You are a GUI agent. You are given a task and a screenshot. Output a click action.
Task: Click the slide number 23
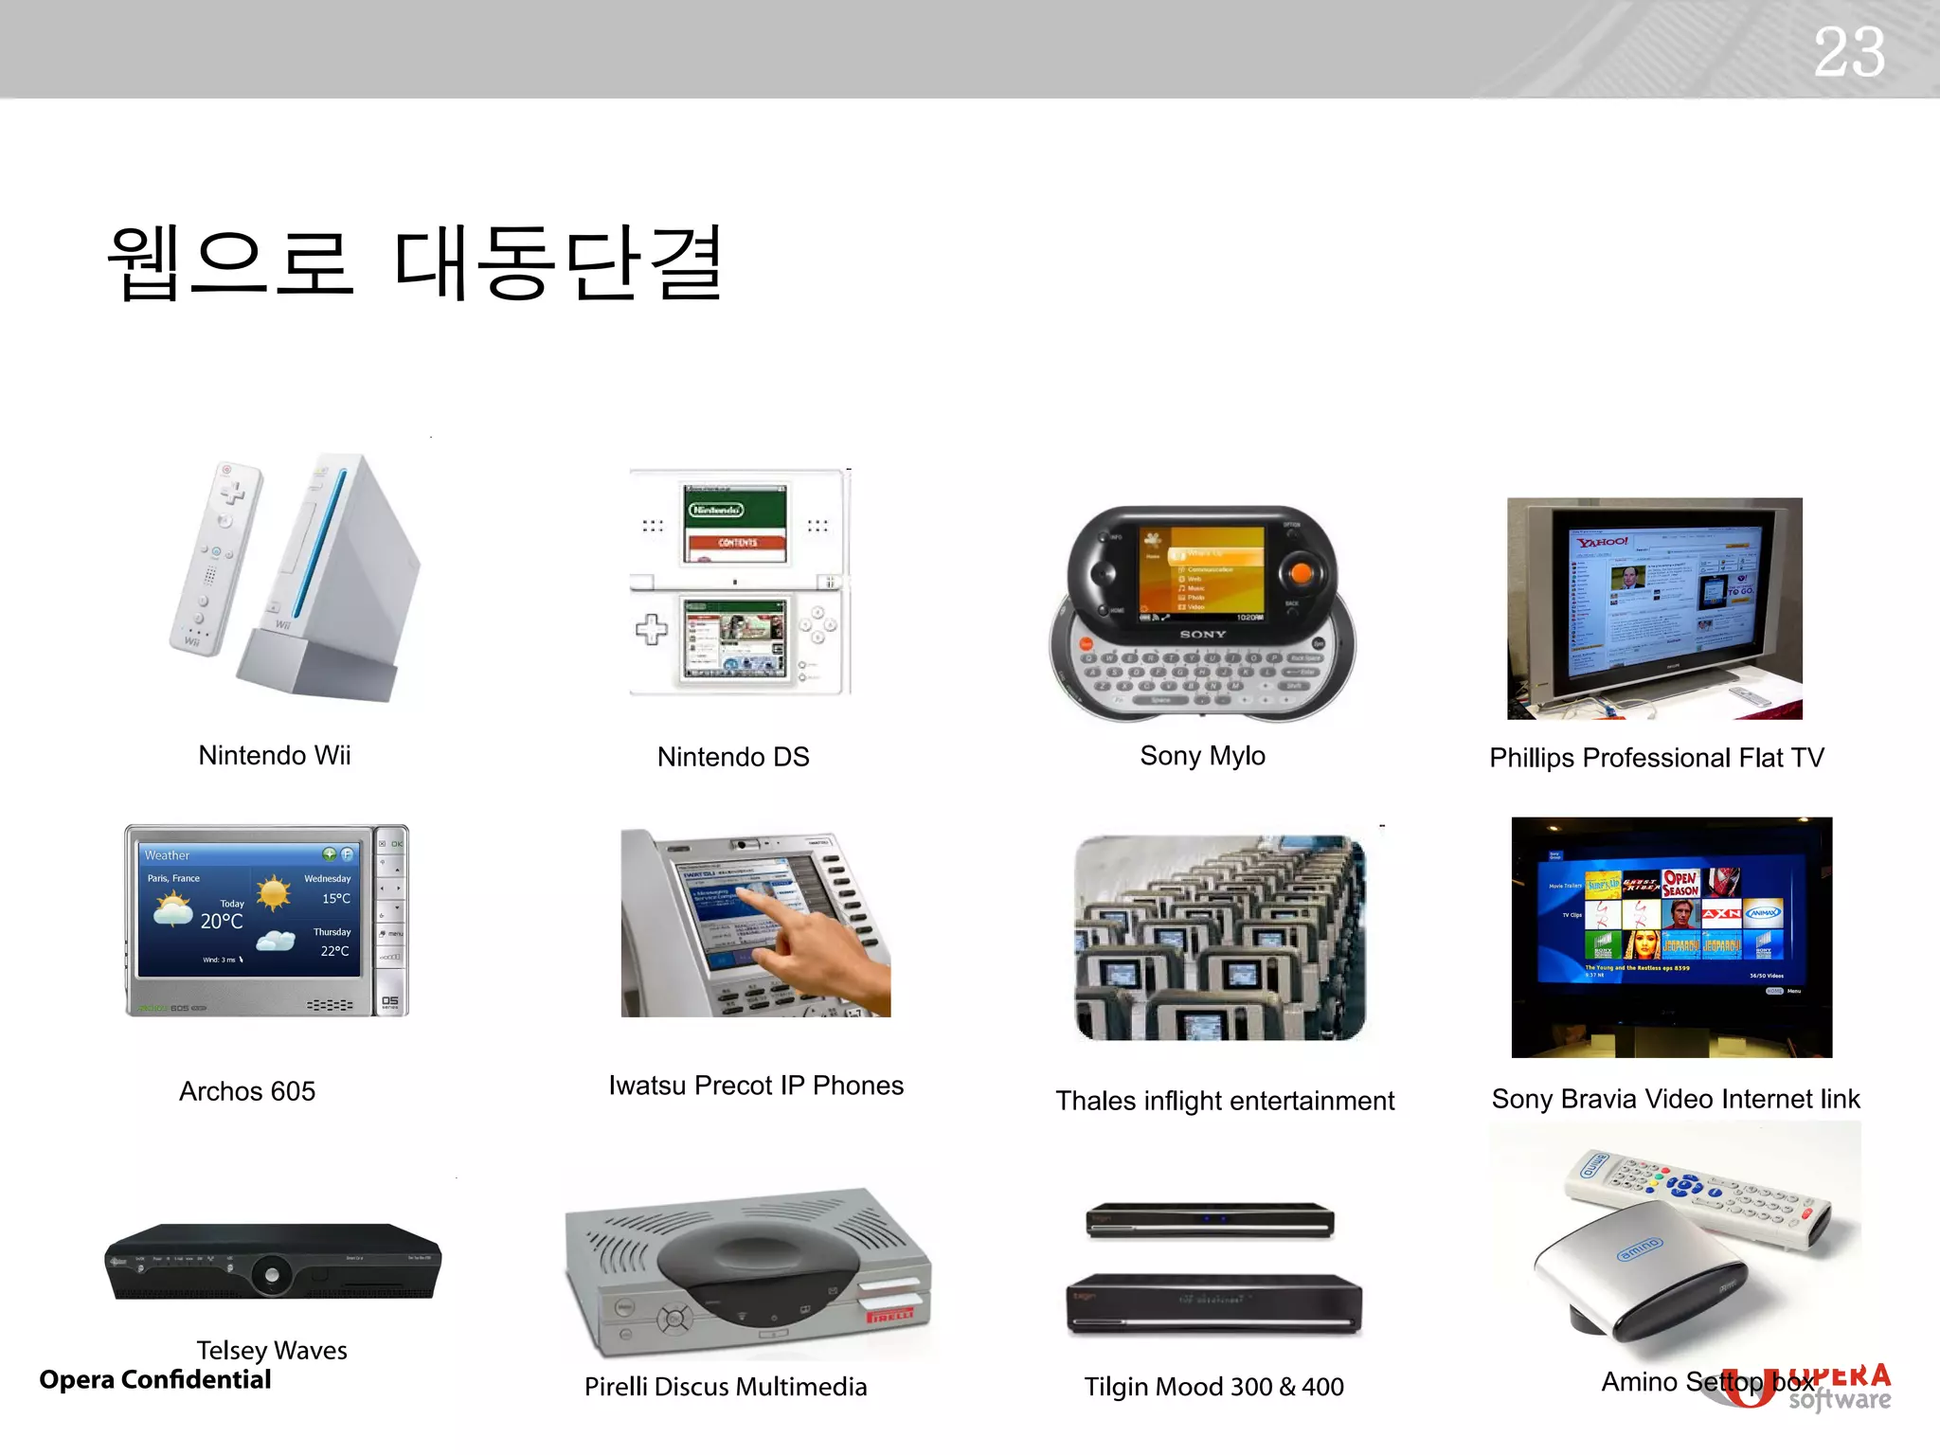1848,52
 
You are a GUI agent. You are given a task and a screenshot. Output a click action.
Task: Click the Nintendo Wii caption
275,756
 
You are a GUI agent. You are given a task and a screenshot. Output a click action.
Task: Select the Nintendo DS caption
733,757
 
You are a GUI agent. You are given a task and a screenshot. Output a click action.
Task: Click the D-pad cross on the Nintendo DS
652,629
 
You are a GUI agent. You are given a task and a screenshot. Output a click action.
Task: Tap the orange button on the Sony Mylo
1301,573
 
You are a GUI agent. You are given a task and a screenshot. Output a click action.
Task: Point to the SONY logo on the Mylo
1202,635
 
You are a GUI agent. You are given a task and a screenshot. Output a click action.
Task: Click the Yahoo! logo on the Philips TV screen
1603,543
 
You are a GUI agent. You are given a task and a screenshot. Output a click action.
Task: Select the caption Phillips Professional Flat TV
1656,758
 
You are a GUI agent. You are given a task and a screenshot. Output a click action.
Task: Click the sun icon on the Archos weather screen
273,892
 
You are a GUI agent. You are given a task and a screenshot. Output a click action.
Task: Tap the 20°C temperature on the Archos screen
222,921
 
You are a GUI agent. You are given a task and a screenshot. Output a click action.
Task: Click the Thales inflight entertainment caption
1225,1101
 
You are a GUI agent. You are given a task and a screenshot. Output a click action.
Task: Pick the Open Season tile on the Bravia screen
1680,884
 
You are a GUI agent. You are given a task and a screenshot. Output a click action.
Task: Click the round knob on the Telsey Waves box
272,1275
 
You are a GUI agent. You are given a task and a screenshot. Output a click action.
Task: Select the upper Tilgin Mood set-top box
1210,1221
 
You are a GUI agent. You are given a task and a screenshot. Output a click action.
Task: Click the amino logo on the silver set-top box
1639,1249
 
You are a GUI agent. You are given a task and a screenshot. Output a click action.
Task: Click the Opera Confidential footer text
155,1380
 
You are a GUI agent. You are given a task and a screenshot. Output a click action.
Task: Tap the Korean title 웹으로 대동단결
417,262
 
